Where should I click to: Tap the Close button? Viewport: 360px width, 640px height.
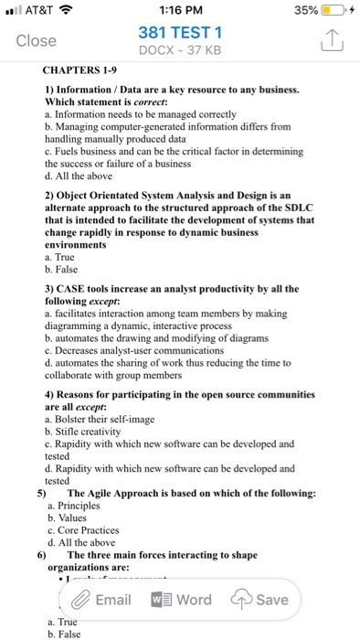(37, 41)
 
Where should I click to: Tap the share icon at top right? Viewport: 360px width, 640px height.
(331, 40)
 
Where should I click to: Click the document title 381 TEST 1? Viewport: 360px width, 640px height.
(180, 33)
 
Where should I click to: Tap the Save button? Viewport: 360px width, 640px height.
(262, 600)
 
